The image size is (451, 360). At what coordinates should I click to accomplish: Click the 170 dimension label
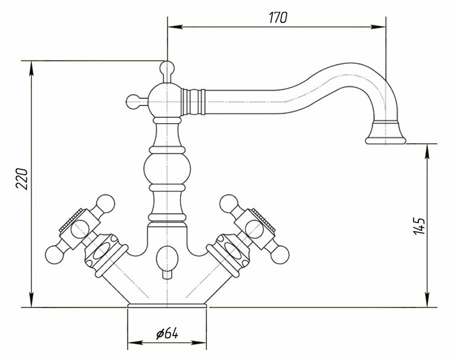pyautogui.click(x=277, y=18)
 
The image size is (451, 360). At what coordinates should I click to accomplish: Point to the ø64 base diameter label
pyautogui.click(x=168, y=334)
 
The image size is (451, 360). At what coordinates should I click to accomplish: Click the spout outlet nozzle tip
pyautogui.click(x=385, y=139)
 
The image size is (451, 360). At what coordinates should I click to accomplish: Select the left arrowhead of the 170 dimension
pyautogui.click(x=172, y=25)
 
